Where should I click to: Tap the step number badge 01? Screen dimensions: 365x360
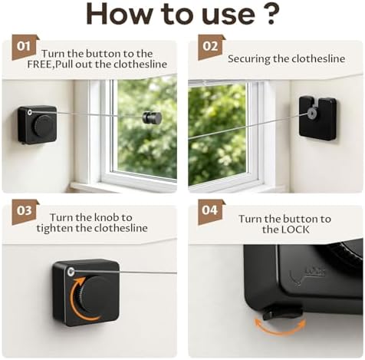(25, 48)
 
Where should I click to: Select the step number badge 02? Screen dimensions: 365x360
(211, 48)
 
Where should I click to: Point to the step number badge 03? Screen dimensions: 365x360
(25, 212)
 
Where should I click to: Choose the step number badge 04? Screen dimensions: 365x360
(211, 212)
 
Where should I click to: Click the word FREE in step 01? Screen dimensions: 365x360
(40, 64)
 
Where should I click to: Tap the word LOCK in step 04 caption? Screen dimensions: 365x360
(295, 230)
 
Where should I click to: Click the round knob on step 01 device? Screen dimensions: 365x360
(44, 126)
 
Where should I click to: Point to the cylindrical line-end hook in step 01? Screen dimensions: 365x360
(152, 117)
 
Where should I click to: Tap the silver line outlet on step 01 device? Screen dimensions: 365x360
(30, 112)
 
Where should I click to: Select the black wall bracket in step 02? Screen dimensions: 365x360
(317, 118)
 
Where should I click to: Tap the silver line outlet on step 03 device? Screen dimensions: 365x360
(71, 272)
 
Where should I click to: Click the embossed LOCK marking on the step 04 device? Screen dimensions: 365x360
(315, 271)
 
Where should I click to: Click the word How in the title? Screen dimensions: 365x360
(118, 14)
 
